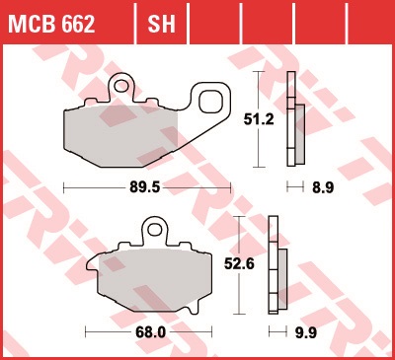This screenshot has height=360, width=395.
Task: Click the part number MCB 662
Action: [51, 24]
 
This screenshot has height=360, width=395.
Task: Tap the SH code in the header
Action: [161, 24]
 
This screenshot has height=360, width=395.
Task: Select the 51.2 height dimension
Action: [259, 119]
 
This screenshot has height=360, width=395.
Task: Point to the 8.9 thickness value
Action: [323, 187]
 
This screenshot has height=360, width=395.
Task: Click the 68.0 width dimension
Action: [150, 332]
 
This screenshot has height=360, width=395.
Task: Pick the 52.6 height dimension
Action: [239, 264]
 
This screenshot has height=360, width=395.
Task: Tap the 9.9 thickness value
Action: [306, 332]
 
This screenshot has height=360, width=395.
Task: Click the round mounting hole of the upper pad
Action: [121, 86]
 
